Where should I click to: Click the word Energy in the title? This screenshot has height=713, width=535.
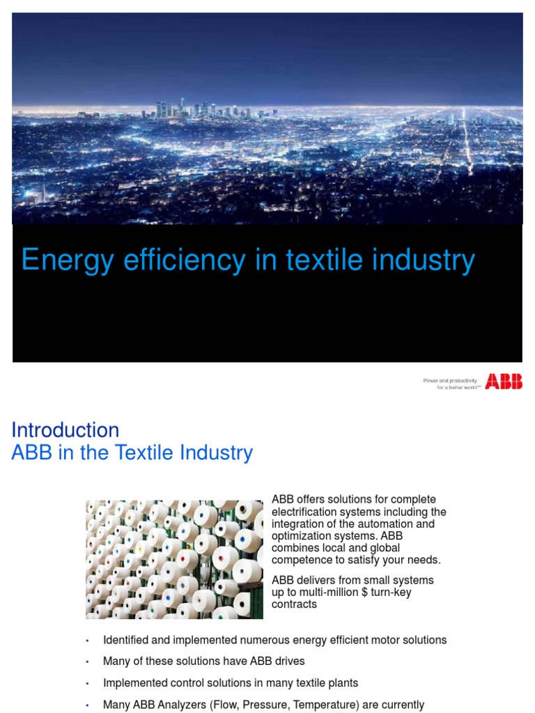58,261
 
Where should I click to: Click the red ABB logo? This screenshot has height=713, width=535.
504,381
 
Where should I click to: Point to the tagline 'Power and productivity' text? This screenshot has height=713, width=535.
450,381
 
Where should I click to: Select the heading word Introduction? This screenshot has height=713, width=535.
65,430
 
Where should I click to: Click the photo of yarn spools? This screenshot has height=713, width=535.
174,559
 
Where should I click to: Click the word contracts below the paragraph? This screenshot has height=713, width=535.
294,604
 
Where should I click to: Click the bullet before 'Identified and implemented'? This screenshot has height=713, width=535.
88,641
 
